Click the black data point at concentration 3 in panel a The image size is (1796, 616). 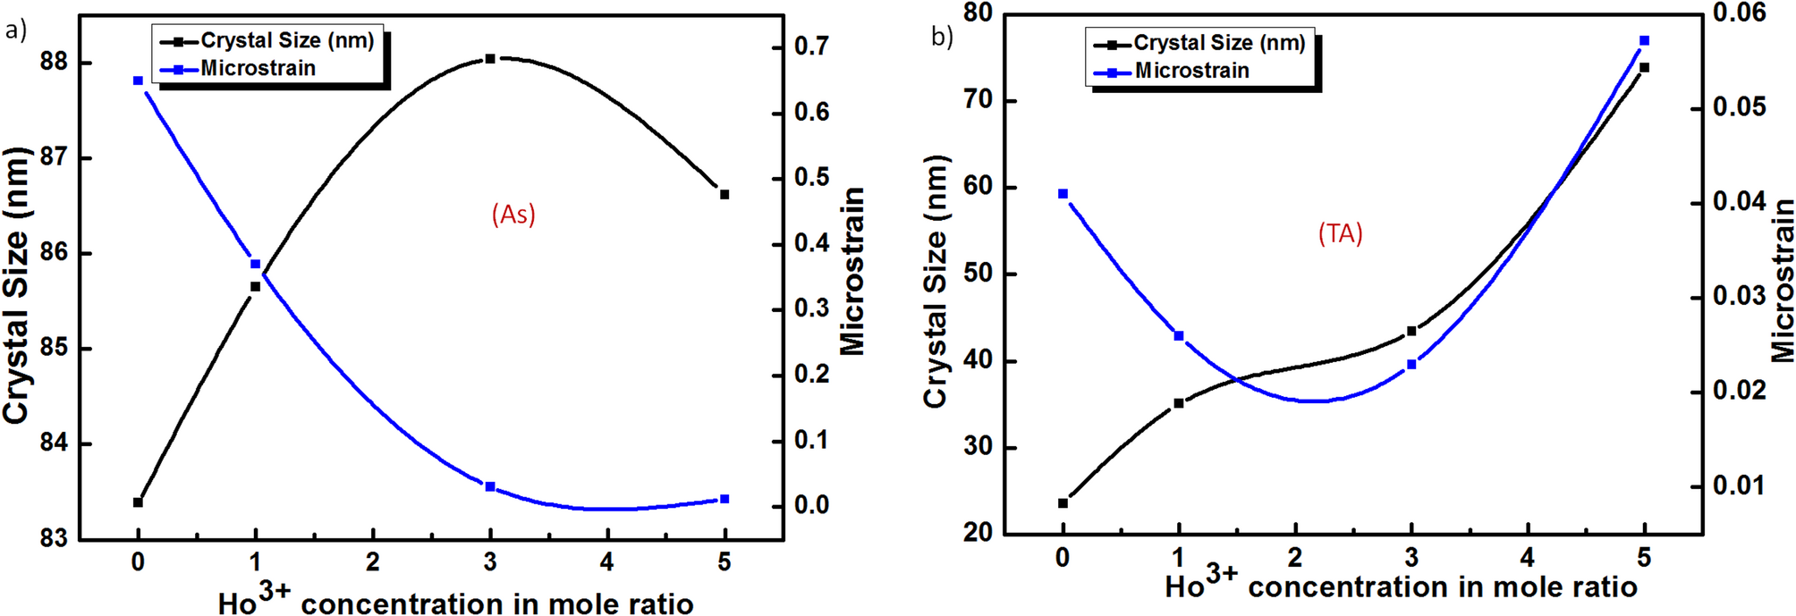pos(489,59)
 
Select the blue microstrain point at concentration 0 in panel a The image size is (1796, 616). pos(138,81)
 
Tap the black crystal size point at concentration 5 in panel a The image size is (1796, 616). pos(724,194)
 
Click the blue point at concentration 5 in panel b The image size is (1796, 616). pos(1644,41)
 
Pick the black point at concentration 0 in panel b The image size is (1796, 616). pos(1063,503)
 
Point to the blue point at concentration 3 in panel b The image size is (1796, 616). pos(1411,365)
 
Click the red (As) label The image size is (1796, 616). pos(513,215)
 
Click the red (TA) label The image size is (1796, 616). pos(1340,234)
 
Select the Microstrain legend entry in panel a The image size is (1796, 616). pos(258,69)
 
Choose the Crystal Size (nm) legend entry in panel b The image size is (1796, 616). pos(1218,43)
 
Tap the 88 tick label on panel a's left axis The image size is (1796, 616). pos(54,63)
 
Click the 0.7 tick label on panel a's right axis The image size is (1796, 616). pos(811,46)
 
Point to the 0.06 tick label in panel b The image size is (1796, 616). pos(1739,13)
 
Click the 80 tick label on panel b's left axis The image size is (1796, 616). pos(978,13)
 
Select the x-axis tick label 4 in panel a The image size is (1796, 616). pos(606,562)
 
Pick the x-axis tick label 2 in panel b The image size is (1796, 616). pos(1294,559)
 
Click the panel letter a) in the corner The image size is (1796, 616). pos(15,31)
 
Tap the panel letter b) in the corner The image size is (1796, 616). pos(942,37)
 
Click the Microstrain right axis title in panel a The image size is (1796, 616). pos(852,271)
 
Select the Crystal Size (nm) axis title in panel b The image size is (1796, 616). pos(935,282)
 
